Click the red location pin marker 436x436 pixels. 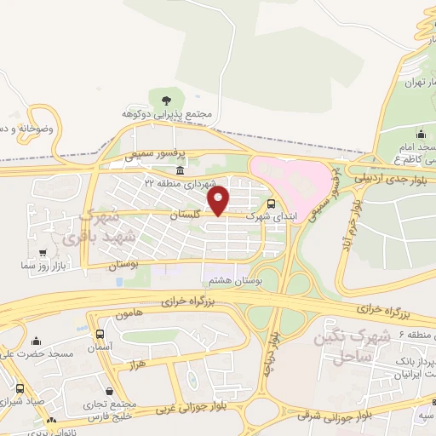click(219, 202)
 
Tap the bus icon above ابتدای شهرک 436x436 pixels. click(271, 204)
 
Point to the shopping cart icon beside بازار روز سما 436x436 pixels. click(43, 252)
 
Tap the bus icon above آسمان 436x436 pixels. click(100, 334)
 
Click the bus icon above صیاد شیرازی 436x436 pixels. click(19, 388)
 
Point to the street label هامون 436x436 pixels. click(123, 315)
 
